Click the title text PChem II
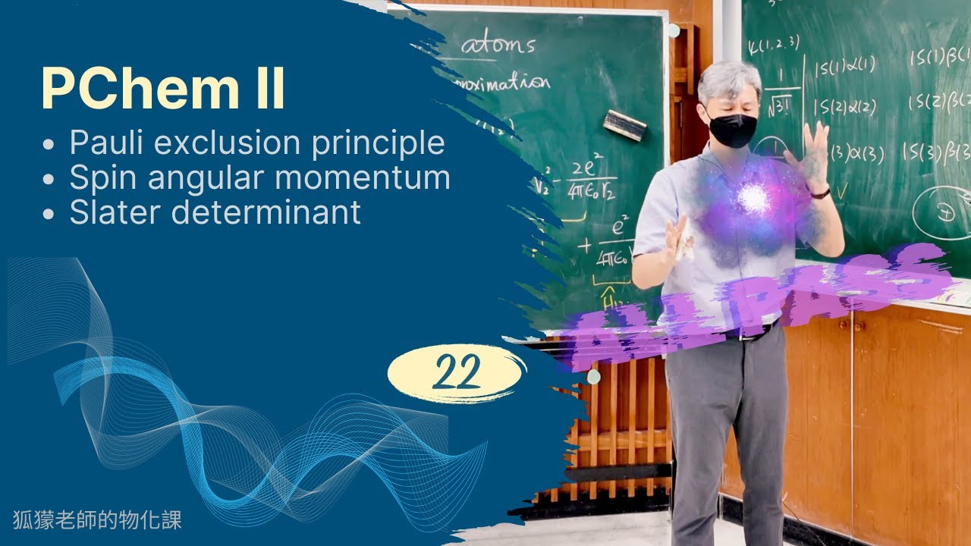point(164,89)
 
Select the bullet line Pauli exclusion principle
point(256,143)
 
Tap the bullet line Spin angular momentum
point(259,177)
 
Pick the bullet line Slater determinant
point(215,212)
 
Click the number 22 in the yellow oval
point(457,372)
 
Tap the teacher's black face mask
point(732,130)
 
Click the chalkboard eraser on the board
point(624,124)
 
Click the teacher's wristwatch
point(820,193)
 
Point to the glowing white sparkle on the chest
point(753,198)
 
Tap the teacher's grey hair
point(729,82)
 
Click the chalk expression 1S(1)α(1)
point(844,67)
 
